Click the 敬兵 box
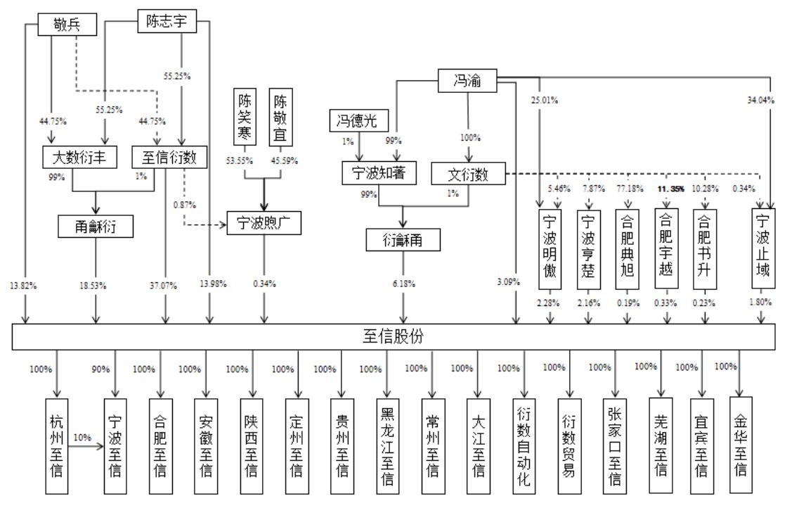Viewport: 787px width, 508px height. pyautogui.click(x=67, y=25)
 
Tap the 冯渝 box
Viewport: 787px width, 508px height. pyautogui.click(x=468, y=81)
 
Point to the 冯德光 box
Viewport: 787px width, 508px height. pyautogui.click(x=358, y=121)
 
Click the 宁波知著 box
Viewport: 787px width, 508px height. pyautogui.click(x=379, y=172)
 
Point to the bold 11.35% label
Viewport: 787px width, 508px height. pyautogui.click(x=668, y=189)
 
